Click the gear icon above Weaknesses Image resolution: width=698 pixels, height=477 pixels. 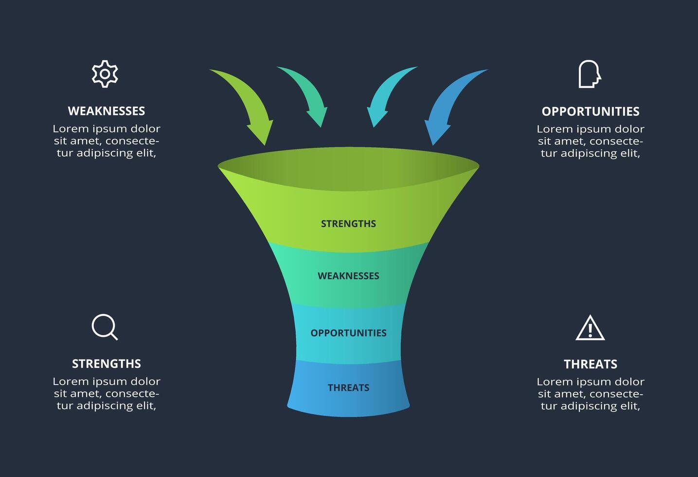coord(105,74)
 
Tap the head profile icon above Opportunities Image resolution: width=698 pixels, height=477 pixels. coord(589,74)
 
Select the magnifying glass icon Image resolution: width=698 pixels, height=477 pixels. coord(105,327)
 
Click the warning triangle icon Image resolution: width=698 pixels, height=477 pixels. coord(590,328)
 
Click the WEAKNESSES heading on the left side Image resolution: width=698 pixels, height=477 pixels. coord(106,111)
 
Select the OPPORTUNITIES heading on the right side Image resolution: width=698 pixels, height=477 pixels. coord(590,111)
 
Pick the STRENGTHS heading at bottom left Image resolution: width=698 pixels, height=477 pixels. coord(106,364)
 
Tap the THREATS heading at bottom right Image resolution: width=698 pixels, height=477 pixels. coord(590,364)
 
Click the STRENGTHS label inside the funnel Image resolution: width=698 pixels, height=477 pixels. coord(348,224)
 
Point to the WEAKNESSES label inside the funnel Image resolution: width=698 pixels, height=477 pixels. coord(348,276)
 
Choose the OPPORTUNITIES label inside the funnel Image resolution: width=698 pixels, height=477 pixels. coord(348,333)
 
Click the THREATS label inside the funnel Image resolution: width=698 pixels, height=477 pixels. coord(348,388)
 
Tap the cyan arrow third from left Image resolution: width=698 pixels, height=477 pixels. coord(387,95)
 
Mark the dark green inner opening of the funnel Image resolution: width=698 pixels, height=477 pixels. coord(348,168)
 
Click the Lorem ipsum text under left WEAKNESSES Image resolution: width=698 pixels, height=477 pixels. coord(106,141)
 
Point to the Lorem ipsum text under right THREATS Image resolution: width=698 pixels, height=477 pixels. coord(590,394)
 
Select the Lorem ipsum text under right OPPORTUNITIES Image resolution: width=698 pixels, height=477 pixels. coord(590,141)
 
